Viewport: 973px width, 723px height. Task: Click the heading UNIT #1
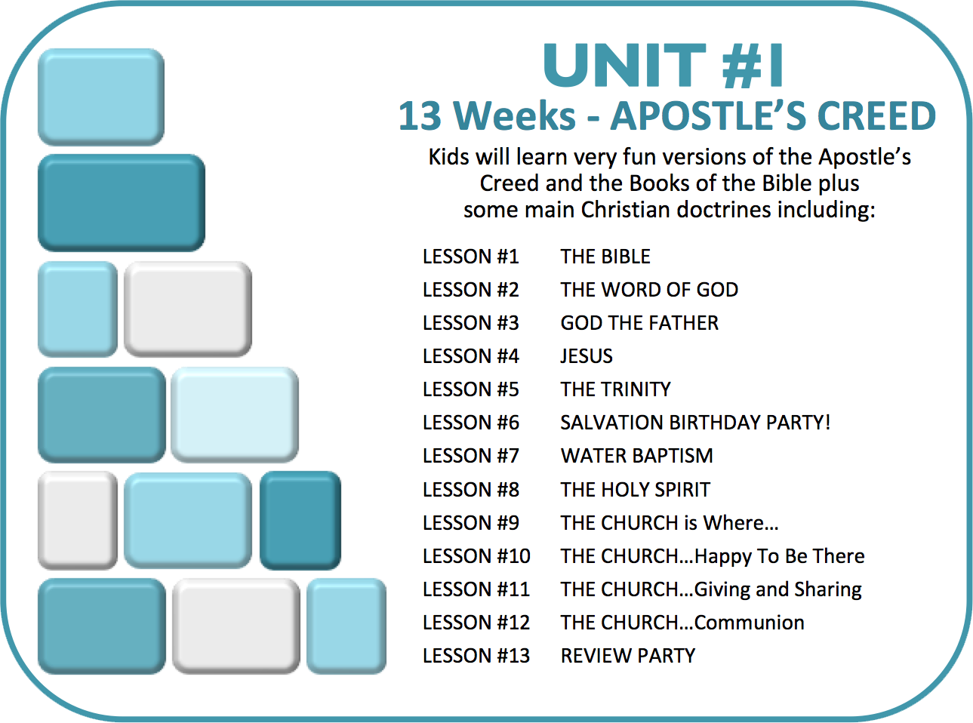click(x=663, y=66)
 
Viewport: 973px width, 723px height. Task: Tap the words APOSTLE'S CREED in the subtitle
click(x=774, y=115)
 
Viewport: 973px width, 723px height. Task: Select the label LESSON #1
click(x=471, y=257)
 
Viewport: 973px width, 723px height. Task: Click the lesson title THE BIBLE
click(x=605, y=257)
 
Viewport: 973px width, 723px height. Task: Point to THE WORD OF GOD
click(x=649, y=290)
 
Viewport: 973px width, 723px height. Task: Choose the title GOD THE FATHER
click(x=639, y=323)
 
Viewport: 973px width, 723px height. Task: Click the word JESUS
click(x=587, y=355)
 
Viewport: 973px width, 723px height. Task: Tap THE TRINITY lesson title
click(x=615, y=389)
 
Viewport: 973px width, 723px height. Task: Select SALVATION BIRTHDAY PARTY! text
click(x=695, y=423)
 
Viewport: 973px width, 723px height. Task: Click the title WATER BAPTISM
click(x=636, y=456)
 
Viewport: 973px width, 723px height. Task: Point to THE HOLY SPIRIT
click(x=636, y=490)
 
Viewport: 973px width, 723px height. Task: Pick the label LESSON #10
click(x=476, y=556)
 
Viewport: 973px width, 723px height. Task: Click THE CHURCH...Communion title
click(x=682, y=623)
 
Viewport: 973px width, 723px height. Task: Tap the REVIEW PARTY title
click(x=628, y=656)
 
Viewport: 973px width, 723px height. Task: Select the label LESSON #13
click(x=476, y=656)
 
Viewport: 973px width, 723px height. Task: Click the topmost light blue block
click(x=101, y=97)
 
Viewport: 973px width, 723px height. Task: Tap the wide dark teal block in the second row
click(x=122, y=203)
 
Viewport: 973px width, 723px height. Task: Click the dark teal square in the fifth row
click(x=300, y=520)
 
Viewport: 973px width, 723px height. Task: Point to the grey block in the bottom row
click(x=236, y=626)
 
